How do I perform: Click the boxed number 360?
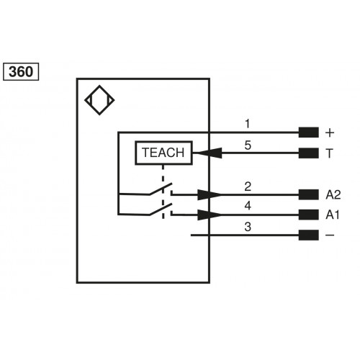tap(22, 71)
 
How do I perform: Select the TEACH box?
tap(163, 153)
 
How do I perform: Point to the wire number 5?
tap(247, 145)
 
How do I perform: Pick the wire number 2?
tap(247, 186)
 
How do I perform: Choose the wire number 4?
tap(247, 206)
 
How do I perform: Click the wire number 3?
tap(247, 226)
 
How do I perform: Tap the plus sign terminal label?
tap(330, 132)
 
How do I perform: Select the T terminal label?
tap(330, 153)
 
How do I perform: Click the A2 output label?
tap(333, 194)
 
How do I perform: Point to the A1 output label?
tap(333, 215)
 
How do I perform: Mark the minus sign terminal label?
tap(330, 235)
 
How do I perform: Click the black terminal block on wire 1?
tap(308, 132)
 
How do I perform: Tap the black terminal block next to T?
tap(308, 153)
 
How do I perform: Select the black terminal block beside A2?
tap(308, 194)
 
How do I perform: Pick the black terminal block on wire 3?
tap(308, 235)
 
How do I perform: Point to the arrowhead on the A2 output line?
tap(210, 194)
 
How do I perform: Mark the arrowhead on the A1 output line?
tap(210, 215)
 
